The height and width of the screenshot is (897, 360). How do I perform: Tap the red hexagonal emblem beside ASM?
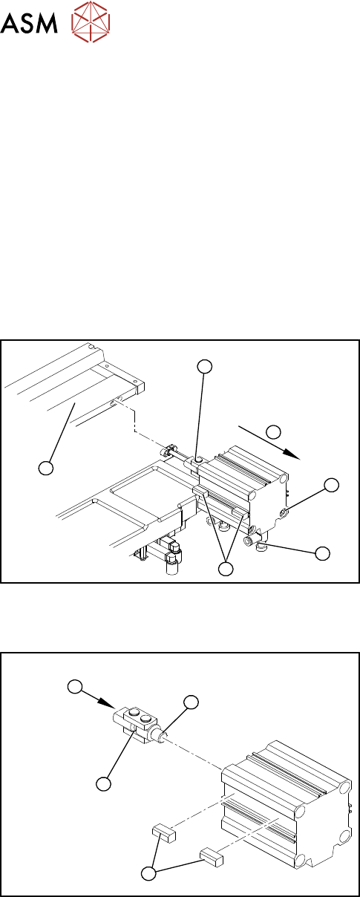pos(91,22)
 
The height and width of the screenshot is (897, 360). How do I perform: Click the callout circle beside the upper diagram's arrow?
pos(273,431)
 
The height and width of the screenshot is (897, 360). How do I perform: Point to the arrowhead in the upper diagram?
pos(292,454)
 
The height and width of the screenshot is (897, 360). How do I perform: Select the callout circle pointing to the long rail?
pos(47,467)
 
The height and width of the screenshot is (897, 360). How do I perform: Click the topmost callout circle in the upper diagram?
pos(205,366)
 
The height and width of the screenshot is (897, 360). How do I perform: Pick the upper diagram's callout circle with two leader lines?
pos(226,569)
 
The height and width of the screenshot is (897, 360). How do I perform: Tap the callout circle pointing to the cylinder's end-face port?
pos(332,485)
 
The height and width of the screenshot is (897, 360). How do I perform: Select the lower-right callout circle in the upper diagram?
pos(323,553)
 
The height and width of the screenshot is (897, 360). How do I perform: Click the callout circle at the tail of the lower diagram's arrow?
pos(75,686)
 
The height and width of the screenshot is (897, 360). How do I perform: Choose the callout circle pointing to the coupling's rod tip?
pos(191,702)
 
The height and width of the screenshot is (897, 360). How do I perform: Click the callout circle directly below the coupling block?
pos(104,783)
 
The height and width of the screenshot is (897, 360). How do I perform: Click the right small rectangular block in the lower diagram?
pos(212,857)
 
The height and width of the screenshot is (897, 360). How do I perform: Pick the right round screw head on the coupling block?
pos(146,717)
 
